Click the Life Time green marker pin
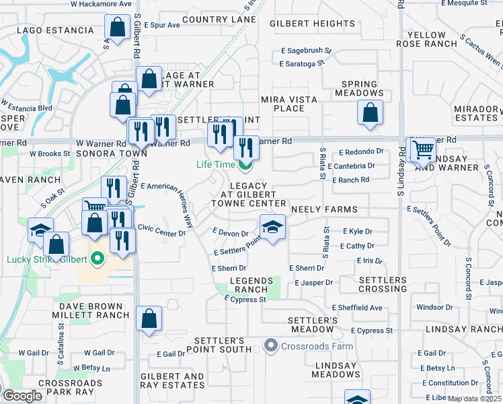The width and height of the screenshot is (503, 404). pos(246,164)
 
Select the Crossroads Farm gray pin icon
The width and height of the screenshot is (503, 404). pos(271,346)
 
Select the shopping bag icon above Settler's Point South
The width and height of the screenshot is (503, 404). pos(149,319)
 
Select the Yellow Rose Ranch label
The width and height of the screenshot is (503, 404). pos(426,39)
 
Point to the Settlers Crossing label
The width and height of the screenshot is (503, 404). pos(383,284)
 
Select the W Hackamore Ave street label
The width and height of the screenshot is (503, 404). pos(101,4)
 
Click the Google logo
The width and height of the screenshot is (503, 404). pos(22,396)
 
